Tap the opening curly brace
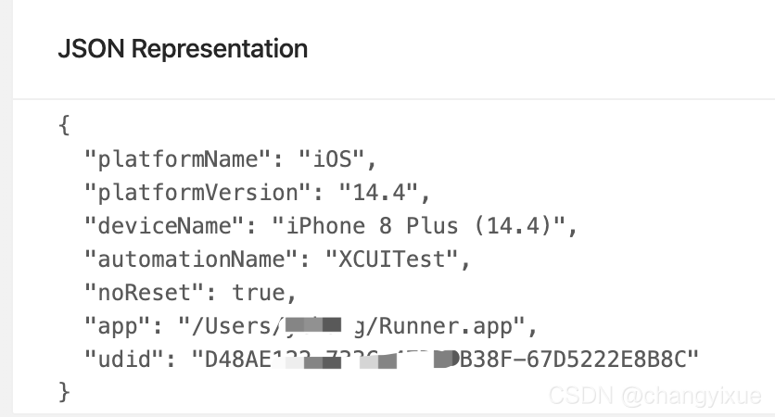pyautogui.click(x=64, y=125)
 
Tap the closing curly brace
pyautogui.click(x=64, y=392)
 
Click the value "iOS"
pyautogui.click(x=332, y=158)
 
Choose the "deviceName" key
pyautogui.click(x=161, y=225)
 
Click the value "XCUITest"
pyautogui.click(x=391, y=259)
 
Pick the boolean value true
pyautogui.click(x=259, y=292)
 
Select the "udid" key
pyautogui.click(x=122, y=359)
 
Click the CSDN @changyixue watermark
pyautogui.click(x=654, y=396)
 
